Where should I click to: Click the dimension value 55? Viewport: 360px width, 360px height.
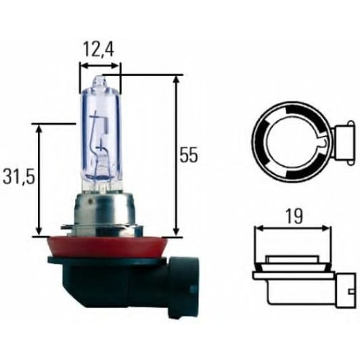tap(189, 155)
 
